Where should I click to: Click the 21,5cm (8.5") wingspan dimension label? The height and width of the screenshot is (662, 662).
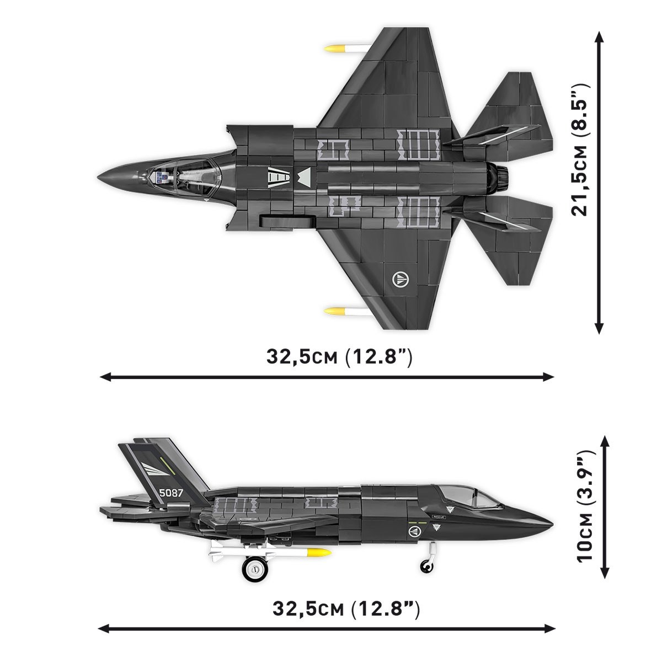(x=581, y=148)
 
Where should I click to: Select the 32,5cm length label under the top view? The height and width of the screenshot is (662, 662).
(x=339, y=357)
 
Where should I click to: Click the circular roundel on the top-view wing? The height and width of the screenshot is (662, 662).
(x=399, y=277)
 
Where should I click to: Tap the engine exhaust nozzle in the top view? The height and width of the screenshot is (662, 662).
(x=502, y=177)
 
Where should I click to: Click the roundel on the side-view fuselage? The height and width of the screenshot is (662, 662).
(x=414, y=531)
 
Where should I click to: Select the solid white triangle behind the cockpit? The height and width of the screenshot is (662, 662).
(x=304, y=178)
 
